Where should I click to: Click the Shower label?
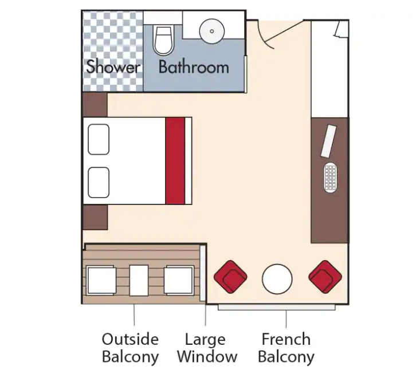tap(113, 66)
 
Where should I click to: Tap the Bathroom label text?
tap(193, 66)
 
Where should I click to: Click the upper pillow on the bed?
tap(99, 139)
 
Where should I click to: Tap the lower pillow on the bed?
tap(99, 182)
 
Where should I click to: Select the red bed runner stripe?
tap(175, 161)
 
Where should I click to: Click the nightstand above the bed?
tap(95, 105)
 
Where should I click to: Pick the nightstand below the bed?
tap(95, 217)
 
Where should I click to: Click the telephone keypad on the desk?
tap(331, 178)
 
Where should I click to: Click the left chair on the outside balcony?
tap(102, 281)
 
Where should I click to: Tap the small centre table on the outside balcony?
tap(139, 280)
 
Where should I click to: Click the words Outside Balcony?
tap(130, 348)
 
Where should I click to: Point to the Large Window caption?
tap(207, 348)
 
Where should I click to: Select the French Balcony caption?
tap(286, 348)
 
